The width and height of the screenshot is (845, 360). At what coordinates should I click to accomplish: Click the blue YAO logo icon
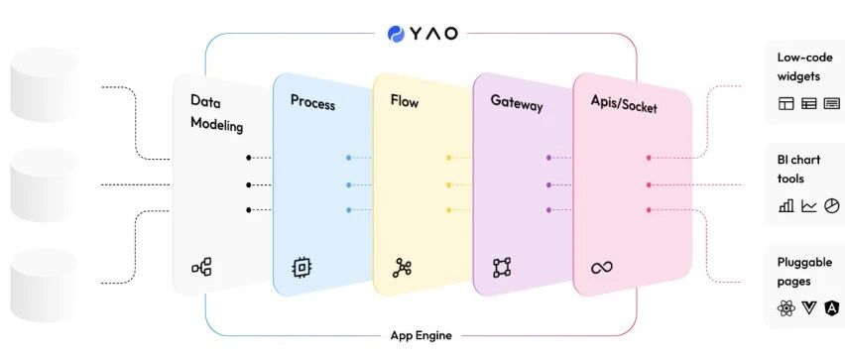[396, 34]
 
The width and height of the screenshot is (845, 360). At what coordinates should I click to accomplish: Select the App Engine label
[421, 335]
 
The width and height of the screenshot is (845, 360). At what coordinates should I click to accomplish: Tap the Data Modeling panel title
[216, 113]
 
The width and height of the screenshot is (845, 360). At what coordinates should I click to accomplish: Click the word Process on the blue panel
[312, 102]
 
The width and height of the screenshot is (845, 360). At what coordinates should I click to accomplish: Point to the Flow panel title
[405, 101]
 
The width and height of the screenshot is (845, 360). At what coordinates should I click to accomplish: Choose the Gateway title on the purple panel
[517, 103]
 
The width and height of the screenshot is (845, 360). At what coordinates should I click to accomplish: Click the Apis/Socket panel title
[624, 103]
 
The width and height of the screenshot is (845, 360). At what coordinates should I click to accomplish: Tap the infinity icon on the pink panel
[601, 268]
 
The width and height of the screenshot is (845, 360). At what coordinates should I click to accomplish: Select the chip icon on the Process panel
[302, 268]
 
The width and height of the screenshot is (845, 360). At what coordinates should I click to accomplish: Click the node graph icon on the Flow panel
[402, 268]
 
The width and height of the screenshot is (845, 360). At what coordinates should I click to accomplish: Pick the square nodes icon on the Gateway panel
[502, 268]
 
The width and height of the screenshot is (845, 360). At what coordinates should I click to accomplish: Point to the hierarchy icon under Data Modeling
[201, 267]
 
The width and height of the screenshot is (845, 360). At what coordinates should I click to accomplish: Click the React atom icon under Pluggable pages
[786, 307]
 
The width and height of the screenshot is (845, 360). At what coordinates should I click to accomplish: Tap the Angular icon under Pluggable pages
[832, 307]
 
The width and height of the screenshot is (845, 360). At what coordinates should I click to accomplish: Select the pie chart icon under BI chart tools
[832, 205]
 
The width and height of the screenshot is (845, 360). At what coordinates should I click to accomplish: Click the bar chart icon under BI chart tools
[786, 205]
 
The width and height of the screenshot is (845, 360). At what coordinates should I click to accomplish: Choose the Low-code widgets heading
[798, 66]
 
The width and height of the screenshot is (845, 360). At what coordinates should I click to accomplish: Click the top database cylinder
[45, 83]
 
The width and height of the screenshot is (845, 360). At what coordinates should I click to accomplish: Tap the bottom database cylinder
[45, 285]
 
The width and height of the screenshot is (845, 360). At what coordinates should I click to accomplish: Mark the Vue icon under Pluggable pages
[809, 307]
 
